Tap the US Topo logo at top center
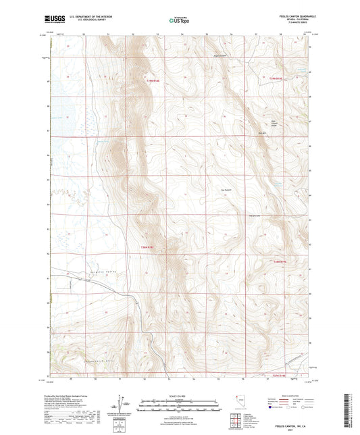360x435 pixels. pos(179,21)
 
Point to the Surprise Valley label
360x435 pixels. pos(81,268)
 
